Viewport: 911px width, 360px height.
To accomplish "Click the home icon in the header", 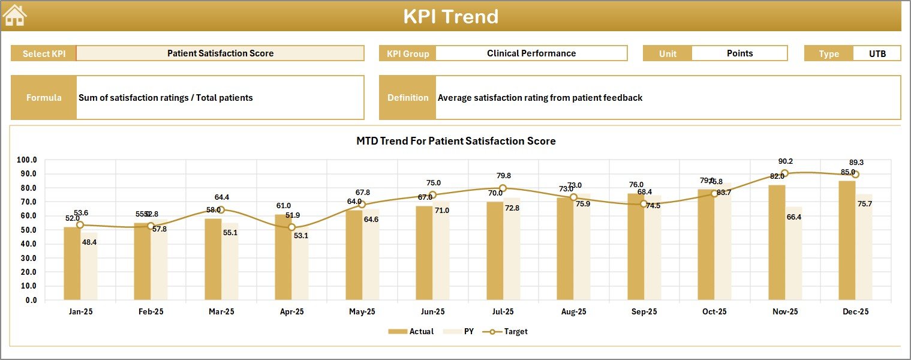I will click(x=15, y=16).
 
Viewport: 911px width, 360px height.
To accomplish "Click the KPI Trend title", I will click(x=450, y=16).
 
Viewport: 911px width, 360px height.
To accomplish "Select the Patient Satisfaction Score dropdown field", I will click(x=220, y=53).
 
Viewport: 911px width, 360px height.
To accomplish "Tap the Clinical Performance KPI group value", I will click(x=531, y=53).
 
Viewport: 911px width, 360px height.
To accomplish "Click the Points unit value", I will click(x=739, y=53).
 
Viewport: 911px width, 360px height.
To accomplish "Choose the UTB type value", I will click(x=877, y=53).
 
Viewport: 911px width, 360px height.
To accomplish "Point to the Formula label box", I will click(x=44, y=98).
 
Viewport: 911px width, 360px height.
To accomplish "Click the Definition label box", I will click(x=408, y=98).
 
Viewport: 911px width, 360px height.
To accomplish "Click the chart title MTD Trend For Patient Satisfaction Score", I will click(x=456, y=141).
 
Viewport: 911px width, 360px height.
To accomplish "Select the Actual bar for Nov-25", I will click(x=777, y=243).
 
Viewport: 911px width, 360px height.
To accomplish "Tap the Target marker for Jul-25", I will click(x=503, y=188).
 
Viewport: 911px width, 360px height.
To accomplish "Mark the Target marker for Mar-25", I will click(x=221, y=210).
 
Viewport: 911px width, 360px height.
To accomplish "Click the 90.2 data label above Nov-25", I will click(x=785, y=161).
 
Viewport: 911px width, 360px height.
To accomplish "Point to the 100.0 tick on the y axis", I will click(x=27, y=160).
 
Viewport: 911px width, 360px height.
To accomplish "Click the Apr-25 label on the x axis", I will click(x=291, y=312).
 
